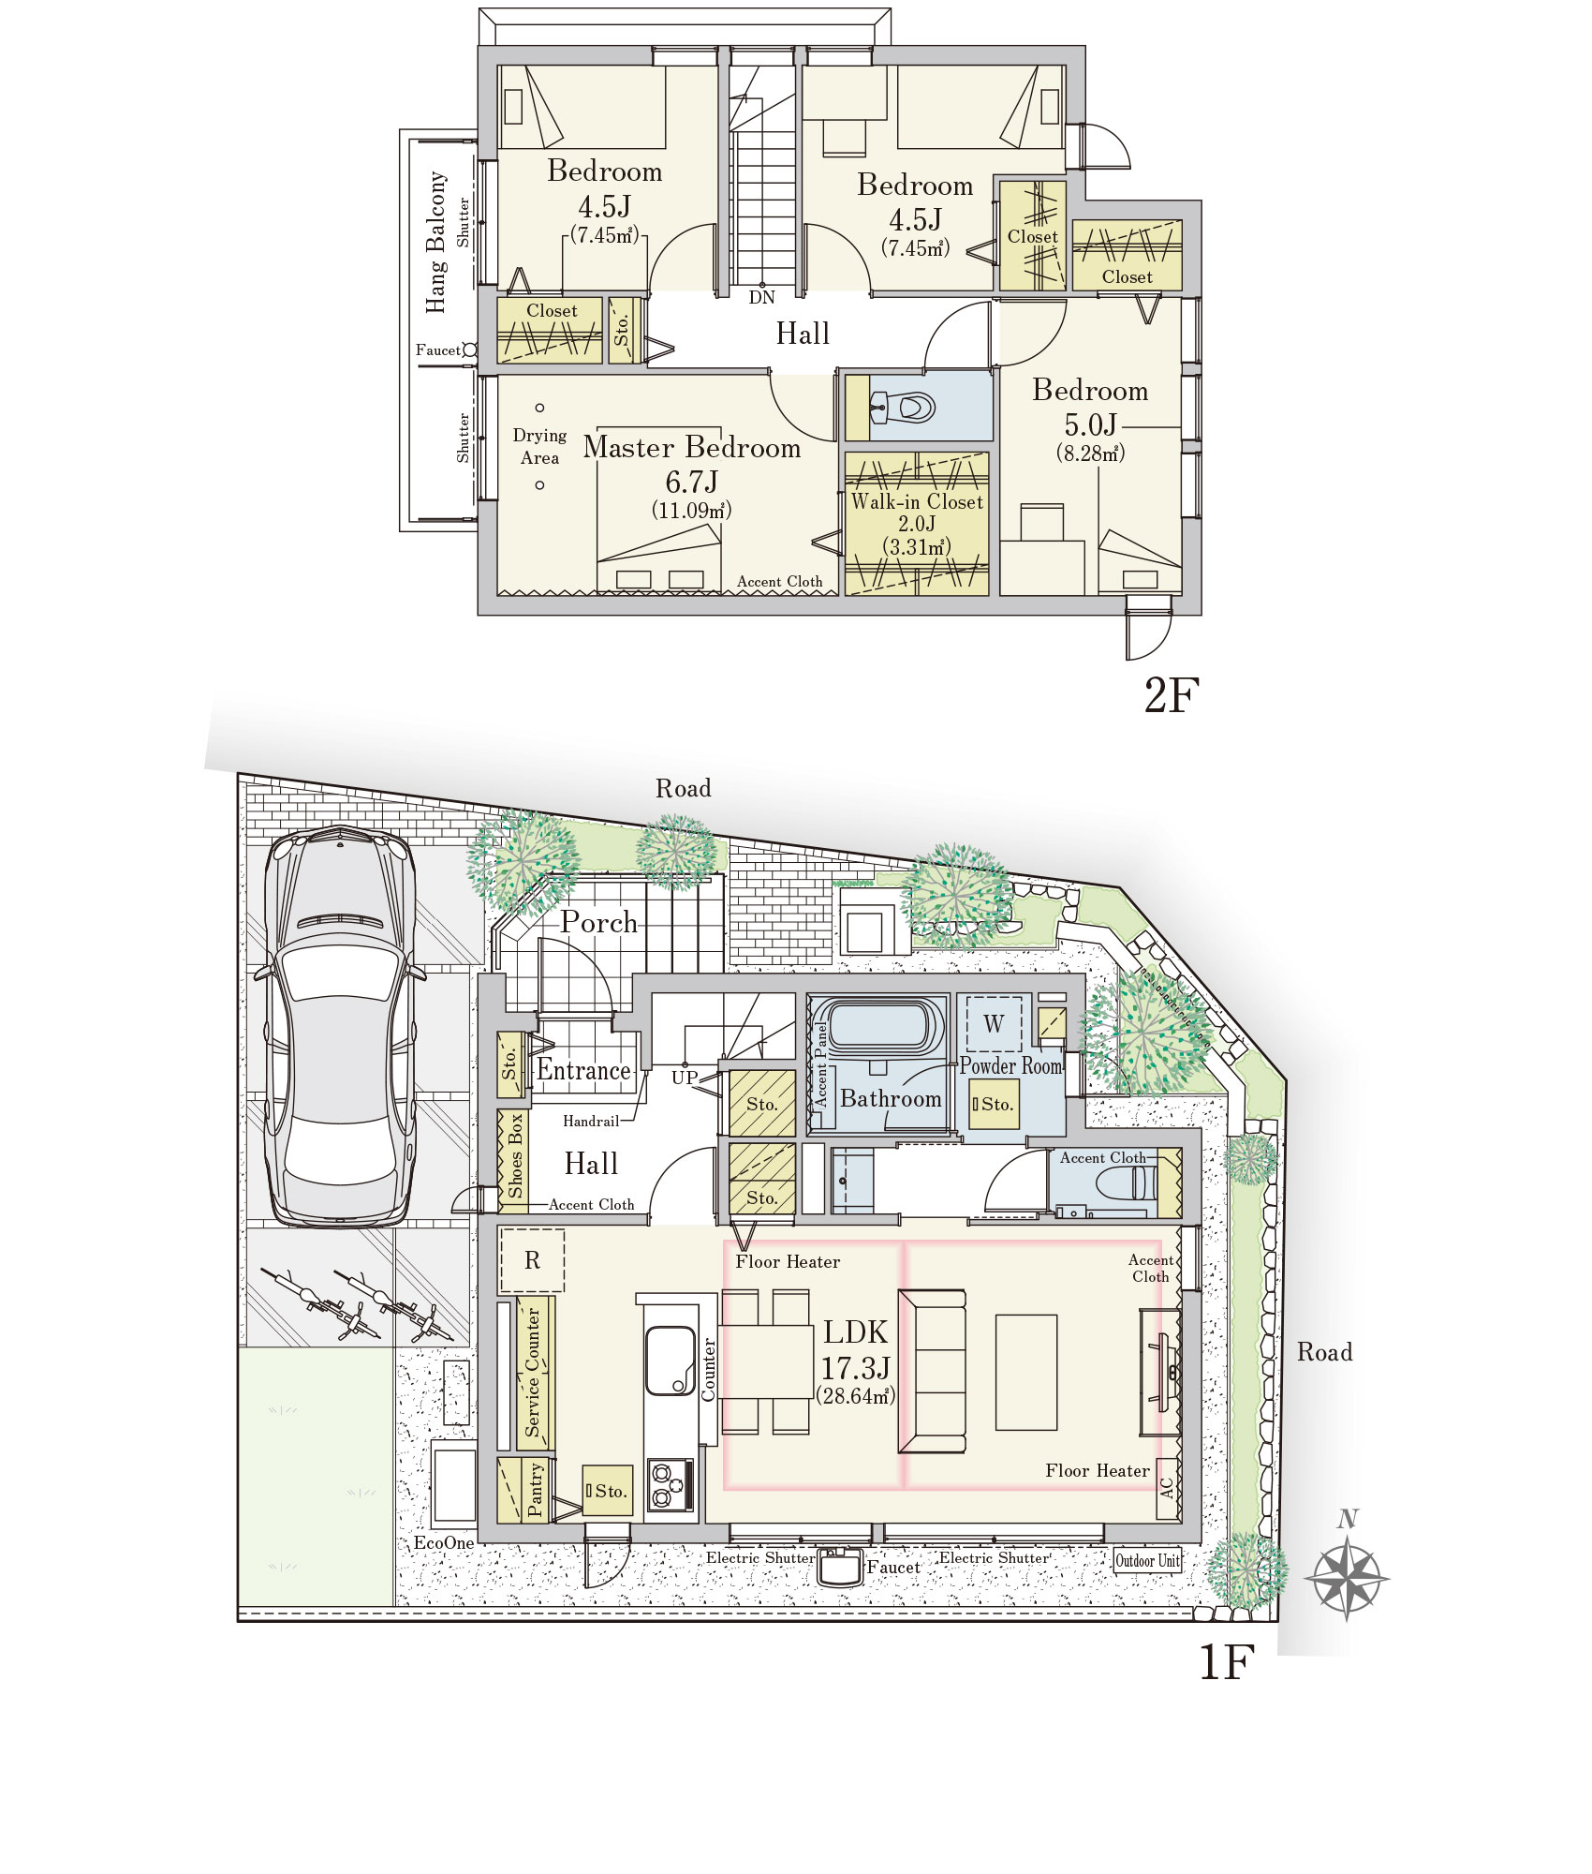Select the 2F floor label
(1171, 695)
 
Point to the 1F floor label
(1226, 1661)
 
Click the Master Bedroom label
(692, 448)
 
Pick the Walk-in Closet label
(917, 501)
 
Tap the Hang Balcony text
(436, 242)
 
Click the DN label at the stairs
(761, 298)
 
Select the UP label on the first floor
(685, 1078)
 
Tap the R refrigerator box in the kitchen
(532, 1260)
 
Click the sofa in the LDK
(932, 1371)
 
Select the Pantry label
(535, 1490)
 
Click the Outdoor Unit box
(1147, 1560)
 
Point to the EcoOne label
(444, 1543)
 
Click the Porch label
(599, 922)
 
